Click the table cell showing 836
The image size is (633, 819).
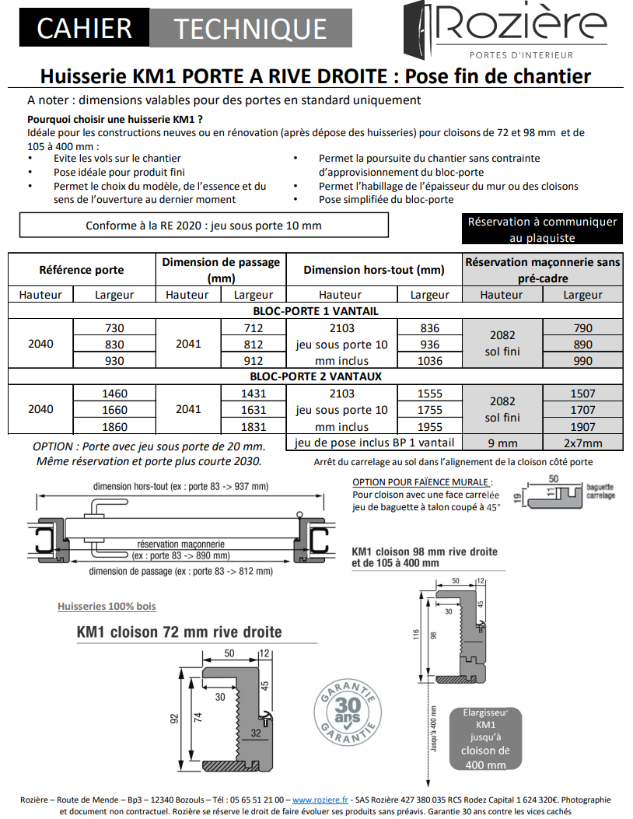(x=429, y=328)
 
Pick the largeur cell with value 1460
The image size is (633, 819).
(x=114, y=394)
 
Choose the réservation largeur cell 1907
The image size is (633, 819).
(x=582, y=426)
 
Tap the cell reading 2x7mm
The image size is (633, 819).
(x=582, y=443)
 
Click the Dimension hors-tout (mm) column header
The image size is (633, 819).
(x=373, y=270)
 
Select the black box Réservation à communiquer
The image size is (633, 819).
(x=542, y=229)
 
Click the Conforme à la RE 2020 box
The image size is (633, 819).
(x=203, y=226)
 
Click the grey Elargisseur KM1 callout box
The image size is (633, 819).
(x=485, y=738)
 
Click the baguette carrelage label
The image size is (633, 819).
(x=600, y=491)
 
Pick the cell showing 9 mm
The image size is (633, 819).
(x=502, y=443)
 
